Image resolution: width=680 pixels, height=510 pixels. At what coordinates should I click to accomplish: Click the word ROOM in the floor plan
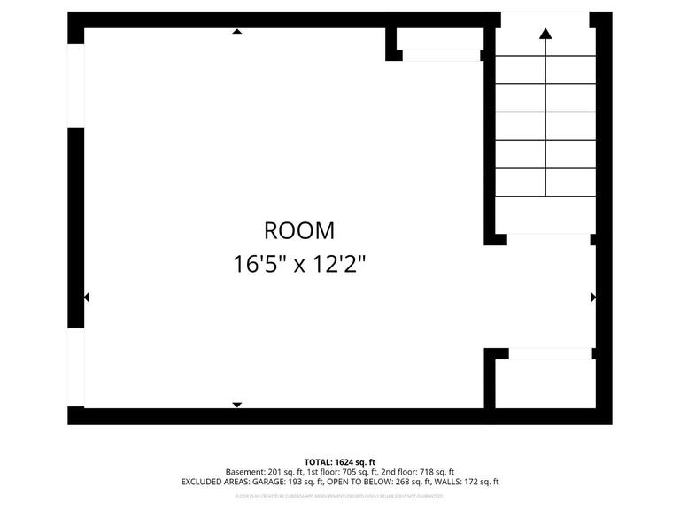pos(299,231)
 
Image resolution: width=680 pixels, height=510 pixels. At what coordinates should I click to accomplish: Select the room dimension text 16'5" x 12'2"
pos(299,264)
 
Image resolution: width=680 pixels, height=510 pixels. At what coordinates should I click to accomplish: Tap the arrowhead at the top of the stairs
pos(545,34)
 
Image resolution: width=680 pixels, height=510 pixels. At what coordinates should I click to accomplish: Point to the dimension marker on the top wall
pos(236,32)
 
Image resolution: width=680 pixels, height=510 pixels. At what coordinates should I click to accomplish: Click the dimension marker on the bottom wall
pos(236,405)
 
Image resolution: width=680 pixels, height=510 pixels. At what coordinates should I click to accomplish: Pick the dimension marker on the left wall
pos(86,297)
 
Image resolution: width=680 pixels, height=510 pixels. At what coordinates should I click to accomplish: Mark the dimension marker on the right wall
pos(592,297)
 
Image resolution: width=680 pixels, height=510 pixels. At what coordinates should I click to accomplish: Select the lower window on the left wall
pos(76,368)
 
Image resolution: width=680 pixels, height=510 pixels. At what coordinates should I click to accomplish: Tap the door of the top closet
pos(441,56)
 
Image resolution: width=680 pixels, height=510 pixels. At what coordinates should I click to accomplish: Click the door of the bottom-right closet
pos(550,353)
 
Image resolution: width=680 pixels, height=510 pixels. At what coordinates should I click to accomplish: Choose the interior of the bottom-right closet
pos(545,383)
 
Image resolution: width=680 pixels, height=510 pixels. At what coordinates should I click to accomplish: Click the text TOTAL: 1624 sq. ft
pos(340,462)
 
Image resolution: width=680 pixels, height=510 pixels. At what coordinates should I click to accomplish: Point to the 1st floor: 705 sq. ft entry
pos(343,472)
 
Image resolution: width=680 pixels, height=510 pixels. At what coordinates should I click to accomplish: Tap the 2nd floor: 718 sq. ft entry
pos(419,472)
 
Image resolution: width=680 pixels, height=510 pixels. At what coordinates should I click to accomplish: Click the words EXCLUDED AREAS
pos(213,483)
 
